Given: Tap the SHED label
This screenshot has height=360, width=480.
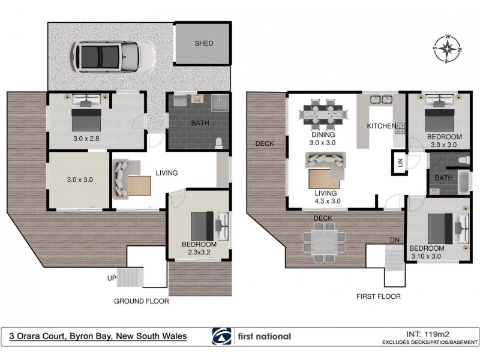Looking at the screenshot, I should click(203, 43).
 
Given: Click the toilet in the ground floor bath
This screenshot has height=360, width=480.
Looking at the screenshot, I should click(220, 142).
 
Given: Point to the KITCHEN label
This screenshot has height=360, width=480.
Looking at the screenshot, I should click(382, 126).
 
